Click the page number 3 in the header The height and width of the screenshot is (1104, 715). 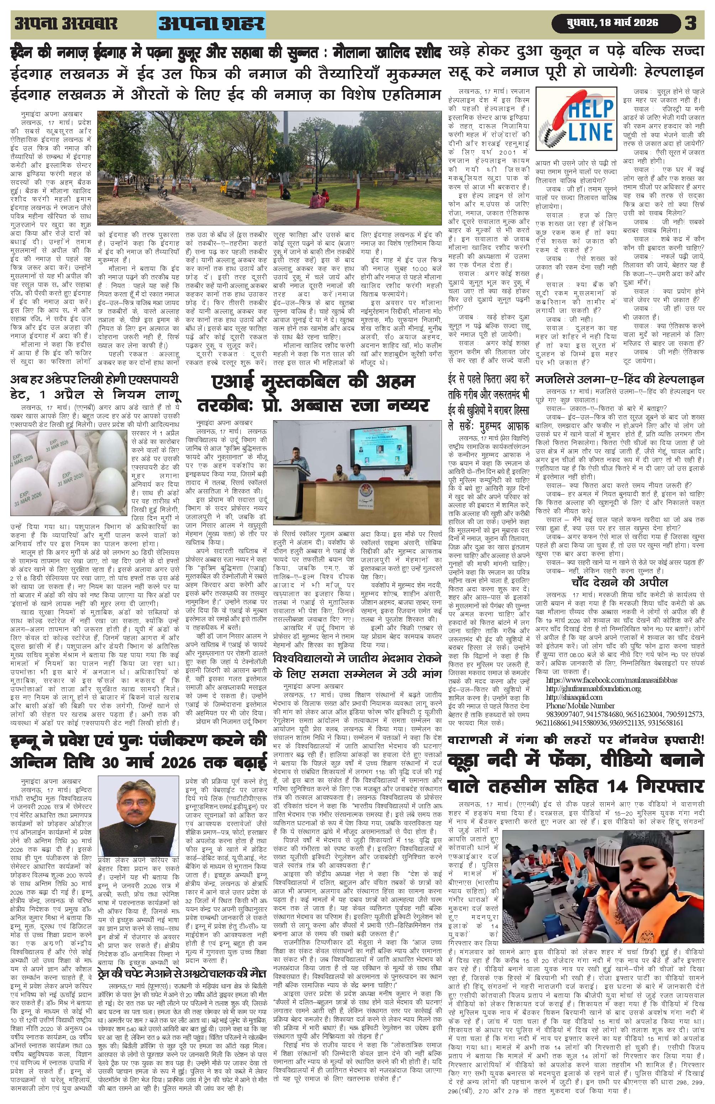[690, 24]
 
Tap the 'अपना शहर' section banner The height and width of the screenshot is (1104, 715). [212, 25]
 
